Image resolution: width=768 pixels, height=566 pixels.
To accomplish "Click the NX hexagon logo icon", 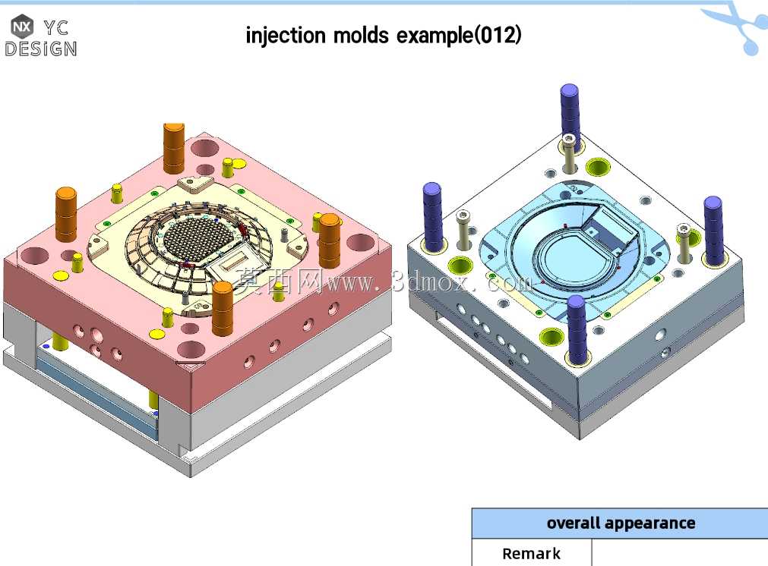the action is tap(22, 27).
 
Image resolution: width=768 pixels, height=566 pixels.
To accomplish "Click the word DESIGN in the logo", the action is tap(41, 49).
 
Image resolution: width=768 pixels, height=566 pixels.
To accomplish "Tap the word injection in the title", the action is tap(286, 36).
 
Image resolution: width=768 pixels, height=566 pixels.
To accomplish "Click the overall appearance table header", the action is tap(620, 523).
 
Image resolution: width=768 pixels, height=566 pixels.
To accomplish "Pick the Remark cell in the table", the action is tap(532, 553).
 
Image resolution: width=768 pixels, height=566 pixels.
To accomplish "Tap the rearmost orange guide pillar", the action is tap(173, 148).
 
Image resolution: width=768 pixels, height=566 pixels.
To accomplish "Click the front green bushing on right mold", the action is tap(551, 337).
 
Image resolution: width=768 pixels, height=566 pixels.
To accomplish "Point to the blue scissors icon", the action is tap(740, 27).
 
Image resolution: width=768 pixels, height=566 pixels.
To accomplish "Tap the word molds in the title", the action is tap(361, 36).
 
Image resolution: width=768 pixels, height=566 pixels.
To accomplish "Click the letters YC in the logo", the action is tap(55, 28).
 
